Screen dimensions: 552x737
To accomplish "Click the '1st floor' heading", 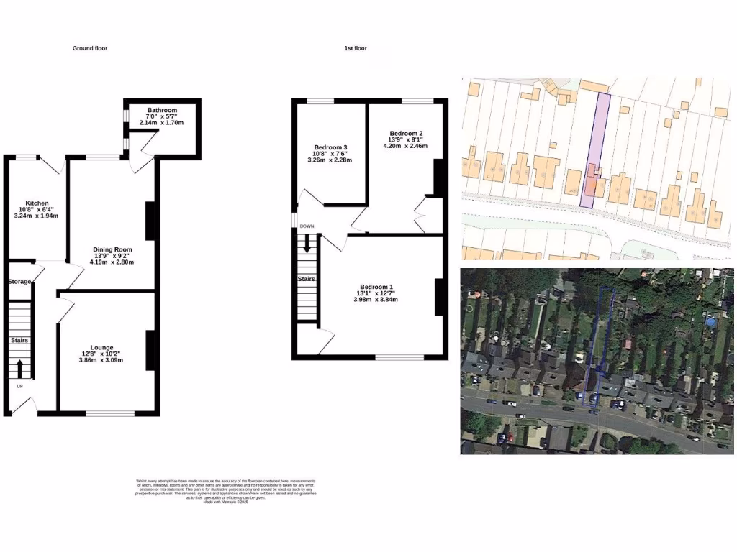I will [356, 48].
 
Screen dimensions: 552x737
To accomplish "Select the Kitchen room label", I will [36, 203].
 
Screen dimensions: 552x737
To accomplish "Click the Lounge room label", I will [101, 347].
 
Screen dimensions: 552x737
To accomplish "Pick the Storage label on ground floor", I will [19, 282].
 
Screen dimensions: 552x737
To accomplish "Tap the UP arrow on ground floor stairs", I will [19, 369].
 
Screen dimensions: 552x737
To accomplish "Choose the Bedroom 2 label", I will [405, 134].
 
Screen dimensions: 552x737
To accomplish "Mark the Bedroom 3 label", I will [330, 147].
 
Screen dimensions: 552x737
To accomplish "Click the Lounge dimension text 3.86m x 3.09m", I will [101, 360].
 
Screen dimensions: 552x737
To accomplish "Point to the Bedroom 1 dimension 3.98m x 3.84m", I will [375, 300].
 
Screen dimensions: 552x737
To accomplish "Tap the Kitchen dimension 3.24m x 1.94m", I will [36, 216].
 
